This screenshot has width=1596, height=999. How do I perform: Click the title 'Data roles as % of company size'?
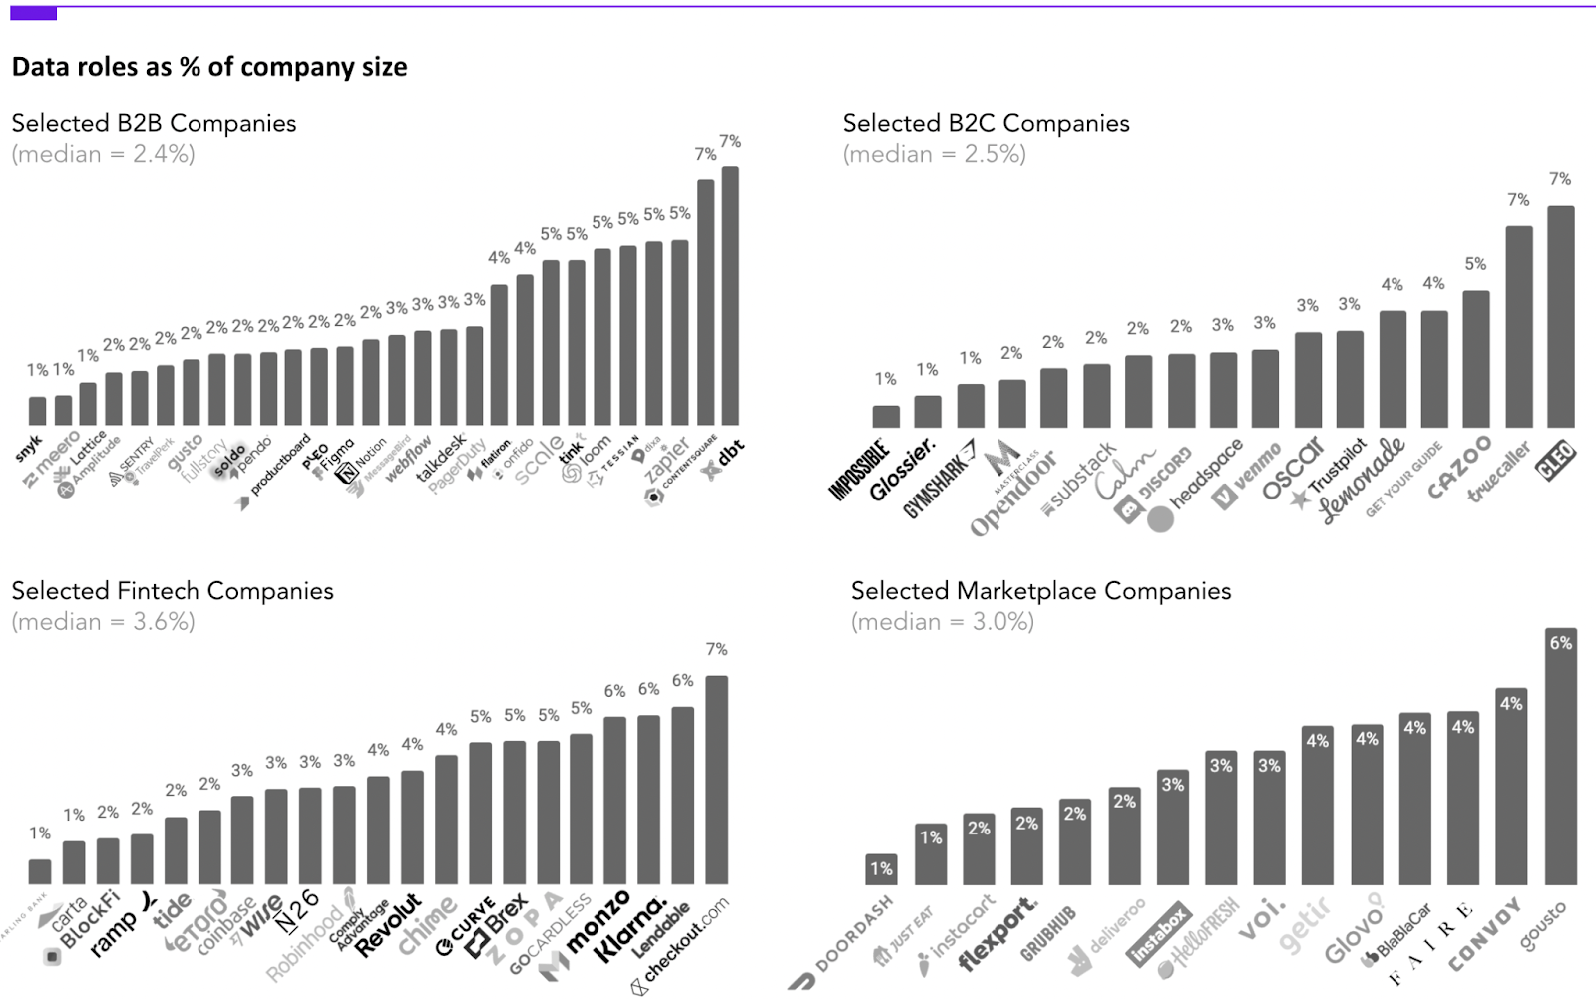(x=209, y=67)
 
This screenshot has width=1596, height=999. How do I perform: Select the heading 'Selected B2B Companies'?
(x=154, y=123)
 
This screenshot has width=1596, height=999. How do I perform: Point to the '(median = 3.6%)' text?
(x=103, y=622)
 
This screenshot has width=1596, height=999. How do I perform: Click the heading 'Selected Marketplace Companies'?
(x=1040, y=591)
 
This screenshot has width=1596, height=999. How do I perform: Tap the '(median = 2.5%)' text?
(x=934, y=154)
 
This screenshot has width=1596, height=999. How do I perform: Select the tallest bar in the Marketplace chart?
(x=1560, y=758)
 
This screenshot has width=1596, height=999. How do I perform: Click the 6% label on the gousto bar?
(x=1560, y=643)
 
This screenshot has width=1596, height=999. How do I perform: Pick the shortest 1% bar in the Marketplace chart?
(x=881, y=869)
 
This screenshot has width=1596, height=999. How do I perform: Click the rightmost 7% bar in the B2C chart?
(x=1560, y=317)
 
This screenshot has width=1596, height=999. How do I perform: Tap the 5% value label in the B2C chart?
(x=1475, y=264)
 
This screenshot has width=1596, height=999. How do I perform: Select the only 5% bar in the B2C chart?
(x=1475, y=359)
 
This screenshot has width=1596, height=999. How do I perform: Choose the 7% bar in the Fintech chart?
(x=716, y=780)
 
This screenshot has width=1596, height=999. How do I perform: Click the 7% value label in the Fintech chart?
(x=716, y=649)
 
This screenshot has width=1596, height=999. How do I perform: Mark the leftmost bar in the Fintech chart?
(x=40, y=871)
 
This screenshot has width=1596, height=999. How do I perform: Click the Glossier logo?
(x=903, y=469)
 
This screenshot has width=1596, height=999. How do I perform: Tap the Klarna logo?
(x=630, y=929)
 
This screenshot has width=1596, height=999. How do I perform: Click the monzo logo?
(x=597, y=922)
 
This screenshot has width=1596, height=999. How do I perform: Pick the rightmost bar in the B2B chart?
(x=730, y=296)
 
